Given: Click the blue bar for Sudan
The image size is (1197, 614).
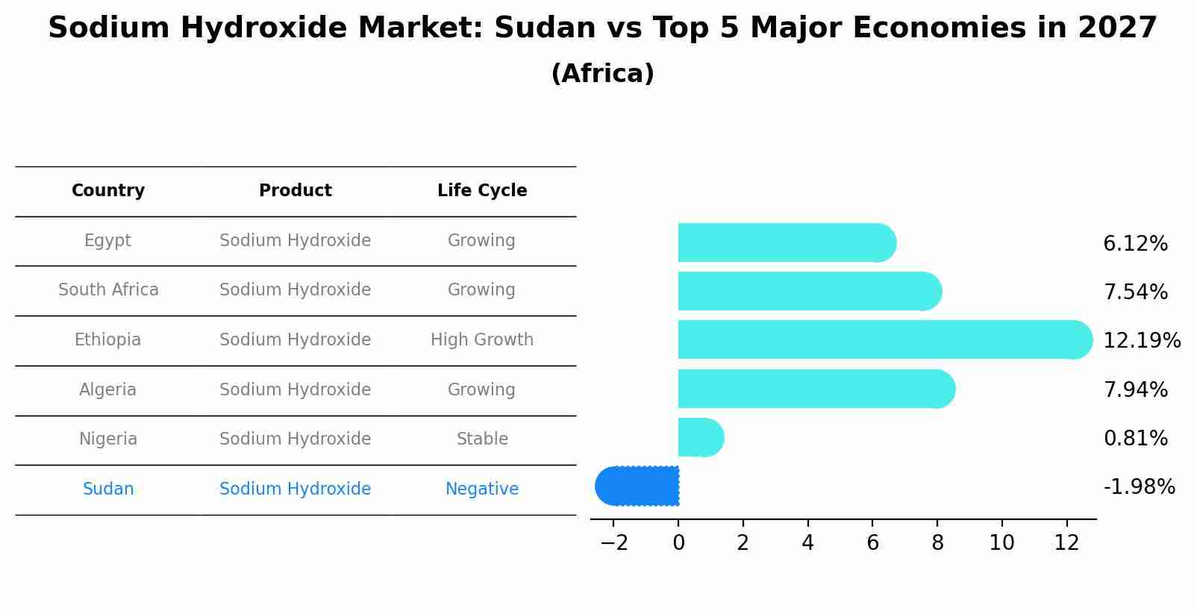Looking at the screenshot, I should (x=638, y=486).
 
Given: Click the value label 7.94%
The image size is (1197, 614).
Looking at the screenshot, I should (x=1135, y=389).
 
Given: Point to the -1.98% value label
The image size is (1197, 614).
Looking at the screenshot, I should (x=1139, y=487).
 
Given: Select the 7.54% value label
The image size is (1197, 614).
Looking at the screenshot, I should (x=1135, y=292).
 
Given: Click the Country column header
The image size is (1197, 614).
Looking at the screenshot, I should (x=108, y=191).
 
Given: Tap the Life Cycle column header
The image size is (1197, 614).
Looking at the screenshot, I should (x=482, y=191).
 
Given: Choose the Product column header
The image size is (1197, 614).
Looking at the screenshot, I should (x=296, y=191).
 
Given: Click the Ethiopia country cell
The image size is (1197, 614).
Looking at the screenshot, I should (x=107, y=340).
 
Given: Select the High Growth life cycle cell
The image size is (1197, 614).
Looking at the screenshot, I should (x=482, y=340).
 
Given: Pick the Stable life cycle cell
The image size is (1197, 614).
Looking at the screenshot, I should (x=482, y=439).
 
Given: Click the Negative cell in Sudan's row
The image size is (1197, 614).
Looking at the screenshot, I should (x=482, y=489).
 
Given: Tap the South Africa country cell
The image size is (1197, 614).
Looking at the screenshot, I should (x=108, y=290).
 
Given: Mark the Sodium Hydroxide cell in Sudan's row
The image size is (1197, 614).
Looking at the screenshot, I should (x=296, y=489).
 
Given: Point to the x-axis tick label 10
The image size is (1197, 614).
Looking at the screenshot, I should (x=1001, y=543).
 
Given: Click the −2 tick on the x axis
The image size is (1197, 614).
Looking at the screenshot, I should (x=613, y=543).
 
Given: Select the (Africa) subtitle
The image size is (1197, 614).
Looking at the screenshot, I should (x=602, y=74).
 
